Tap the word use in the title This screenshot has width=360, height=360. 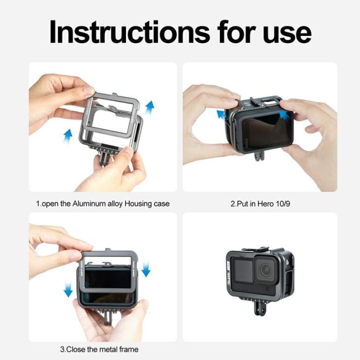289,32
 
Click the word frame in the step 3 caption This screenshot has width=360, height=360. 129,349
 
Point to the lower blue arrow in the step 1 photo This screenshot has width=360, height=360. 67,136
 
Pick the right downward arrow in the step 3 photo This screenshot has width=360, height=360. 145,268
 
